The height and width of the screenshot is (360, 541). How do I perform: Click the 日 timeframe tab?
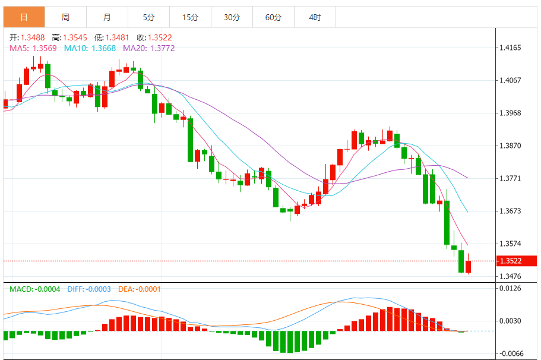(24, 17)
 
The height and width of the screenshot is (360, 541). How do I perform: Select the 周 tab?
(65, 17)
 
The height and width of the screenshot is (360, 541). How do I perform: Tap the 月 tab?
(107, 17)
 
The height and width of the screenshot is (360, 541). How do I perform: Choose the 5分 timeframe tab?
(148, 17)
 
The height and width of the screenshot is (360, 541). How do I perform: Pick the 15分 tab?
(190, 17)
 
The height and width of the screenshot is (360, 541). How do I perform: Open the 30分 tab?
(232, 17)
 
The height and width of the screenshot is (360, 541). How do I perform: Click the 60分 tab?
(273, 17)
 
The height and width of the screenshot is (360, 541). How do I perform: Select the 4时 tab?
(315, 17)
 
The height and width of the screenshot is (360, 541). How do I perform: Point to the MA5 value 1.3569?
(45, 48)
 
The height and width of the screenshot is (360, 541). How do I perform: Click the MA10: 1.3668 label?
(91, 48)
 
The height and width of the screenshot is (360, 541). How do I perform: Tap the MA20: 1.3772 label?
(149, 48)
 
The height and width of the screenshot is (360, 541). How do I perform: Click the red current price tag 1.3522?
(517, 261)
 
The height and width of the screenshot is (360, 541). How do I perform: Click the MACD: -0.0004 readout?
(34, 289)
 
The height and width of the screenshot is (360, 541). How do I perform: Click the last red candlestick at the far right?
(469, 267)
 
